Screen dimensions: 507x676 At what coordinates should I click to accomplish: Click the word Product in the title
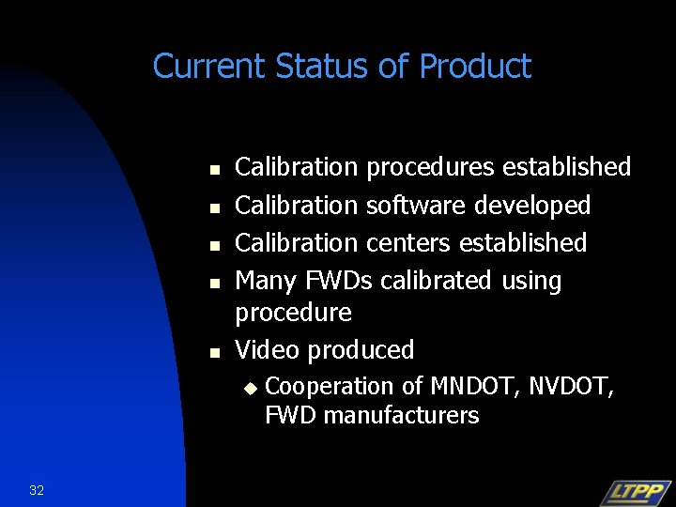(475, 67)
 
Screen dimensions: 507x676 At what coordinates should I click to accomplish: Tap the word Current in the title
(211, 67)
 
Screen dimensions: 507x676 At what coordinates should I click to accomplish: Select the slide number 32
(37, 490)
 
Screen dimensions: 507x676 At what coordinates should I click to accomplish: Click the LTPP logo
(635, 492)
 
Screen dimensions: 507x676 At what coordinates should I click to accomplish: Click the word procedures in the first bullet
(431, 167)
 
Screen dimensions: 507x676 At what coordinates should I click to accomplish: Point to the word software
(415, 205)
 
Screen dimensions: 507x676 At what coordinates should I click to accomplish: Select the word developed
(531, 205)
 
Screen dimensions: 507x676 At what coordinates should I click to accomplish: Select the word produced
(361, 350)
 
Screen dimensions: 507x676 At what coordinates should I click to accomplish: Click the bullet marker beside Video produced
(213, 353)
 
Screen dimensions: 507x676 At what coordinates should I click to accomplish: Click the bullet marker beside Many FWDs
(213, 283)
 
